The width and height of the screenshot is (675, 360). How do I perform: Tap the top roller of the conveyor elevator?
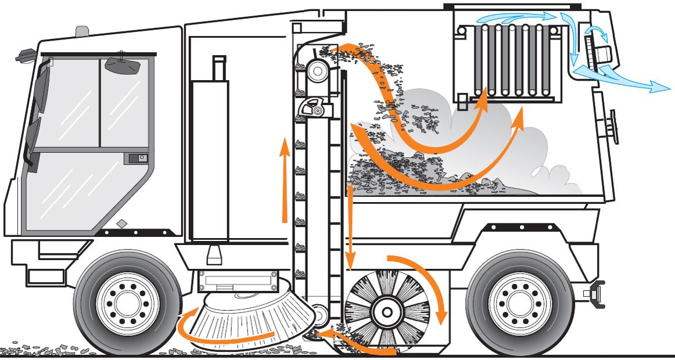[x=318, y=71]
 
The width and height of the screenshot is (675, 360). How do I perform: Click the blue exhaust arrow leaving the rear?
[x=627, y=81]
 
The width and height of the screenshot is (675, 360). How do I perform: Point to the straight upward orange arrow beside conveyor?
[x=285, y=180]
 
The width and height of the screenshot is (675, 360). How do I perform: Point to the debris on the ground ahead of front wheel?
[x=41, y=349]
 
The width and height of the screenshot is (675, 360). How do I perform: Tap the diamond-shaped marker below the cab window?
[x=121, y=224]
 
